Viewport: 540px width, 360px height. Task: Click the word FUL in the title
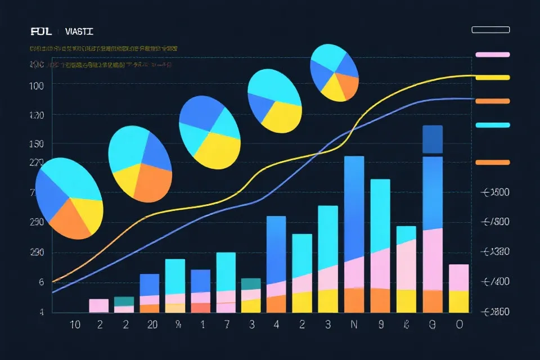click(x=42, y=31)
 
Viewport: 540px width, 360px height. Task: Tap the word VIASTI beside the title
click(x=79, y=31)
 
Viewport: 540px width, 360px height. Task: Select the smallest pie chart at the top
click(x=334, y=73)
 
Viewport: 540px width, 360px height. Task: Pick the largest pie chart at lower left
click(x=69, y=197)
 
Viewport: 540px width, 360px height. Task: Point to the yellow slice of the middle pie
click(x=217, y=150)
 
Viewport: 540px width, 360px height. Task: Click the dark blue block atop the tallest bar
click(x=432, y=139)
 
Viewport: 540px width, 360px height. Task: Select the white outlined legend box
click(x=491, y=30)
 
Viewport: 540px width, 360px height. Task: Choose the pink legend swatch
click(x=492, y=55)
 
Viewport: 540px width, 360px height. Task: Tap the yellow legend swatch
click(x=492, y=78)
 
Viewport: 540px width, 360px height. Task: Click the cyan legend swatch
click(x=492, y=125)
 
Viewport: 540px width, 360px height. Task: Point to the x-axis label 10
click(x=74, y=325)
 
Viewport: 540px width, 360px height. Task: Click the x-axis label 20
click(x=152, y=325)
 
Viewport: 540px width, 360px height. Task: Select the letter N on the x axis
click(x=354, y=325)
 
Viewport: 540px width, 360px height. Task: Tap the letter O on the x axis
click(x=459, y=325)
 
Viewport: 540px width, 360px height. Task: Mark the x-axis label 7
click(x=227, y=325)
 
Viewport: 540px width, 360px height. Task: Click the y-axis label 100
click(x=36, y=85)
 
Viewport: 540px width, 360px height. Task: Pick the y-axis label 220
click(x=36, y=163)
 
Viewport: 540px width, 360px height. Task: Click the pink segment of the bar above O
click(x=459, y=277)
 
